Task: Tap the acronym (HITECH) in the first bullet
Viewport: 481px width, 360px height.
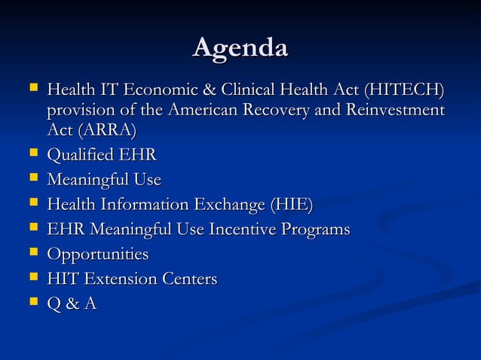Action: [403, 91]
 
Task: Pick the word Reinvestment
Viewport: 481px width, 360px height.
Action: [388, 111]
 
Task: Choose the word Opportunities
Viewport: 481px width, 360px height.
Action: [97, 255]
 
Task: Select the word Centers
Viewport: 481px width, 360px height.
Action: [191, 279]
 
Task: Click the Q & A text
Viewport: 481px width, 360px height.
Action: [72, 304]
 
